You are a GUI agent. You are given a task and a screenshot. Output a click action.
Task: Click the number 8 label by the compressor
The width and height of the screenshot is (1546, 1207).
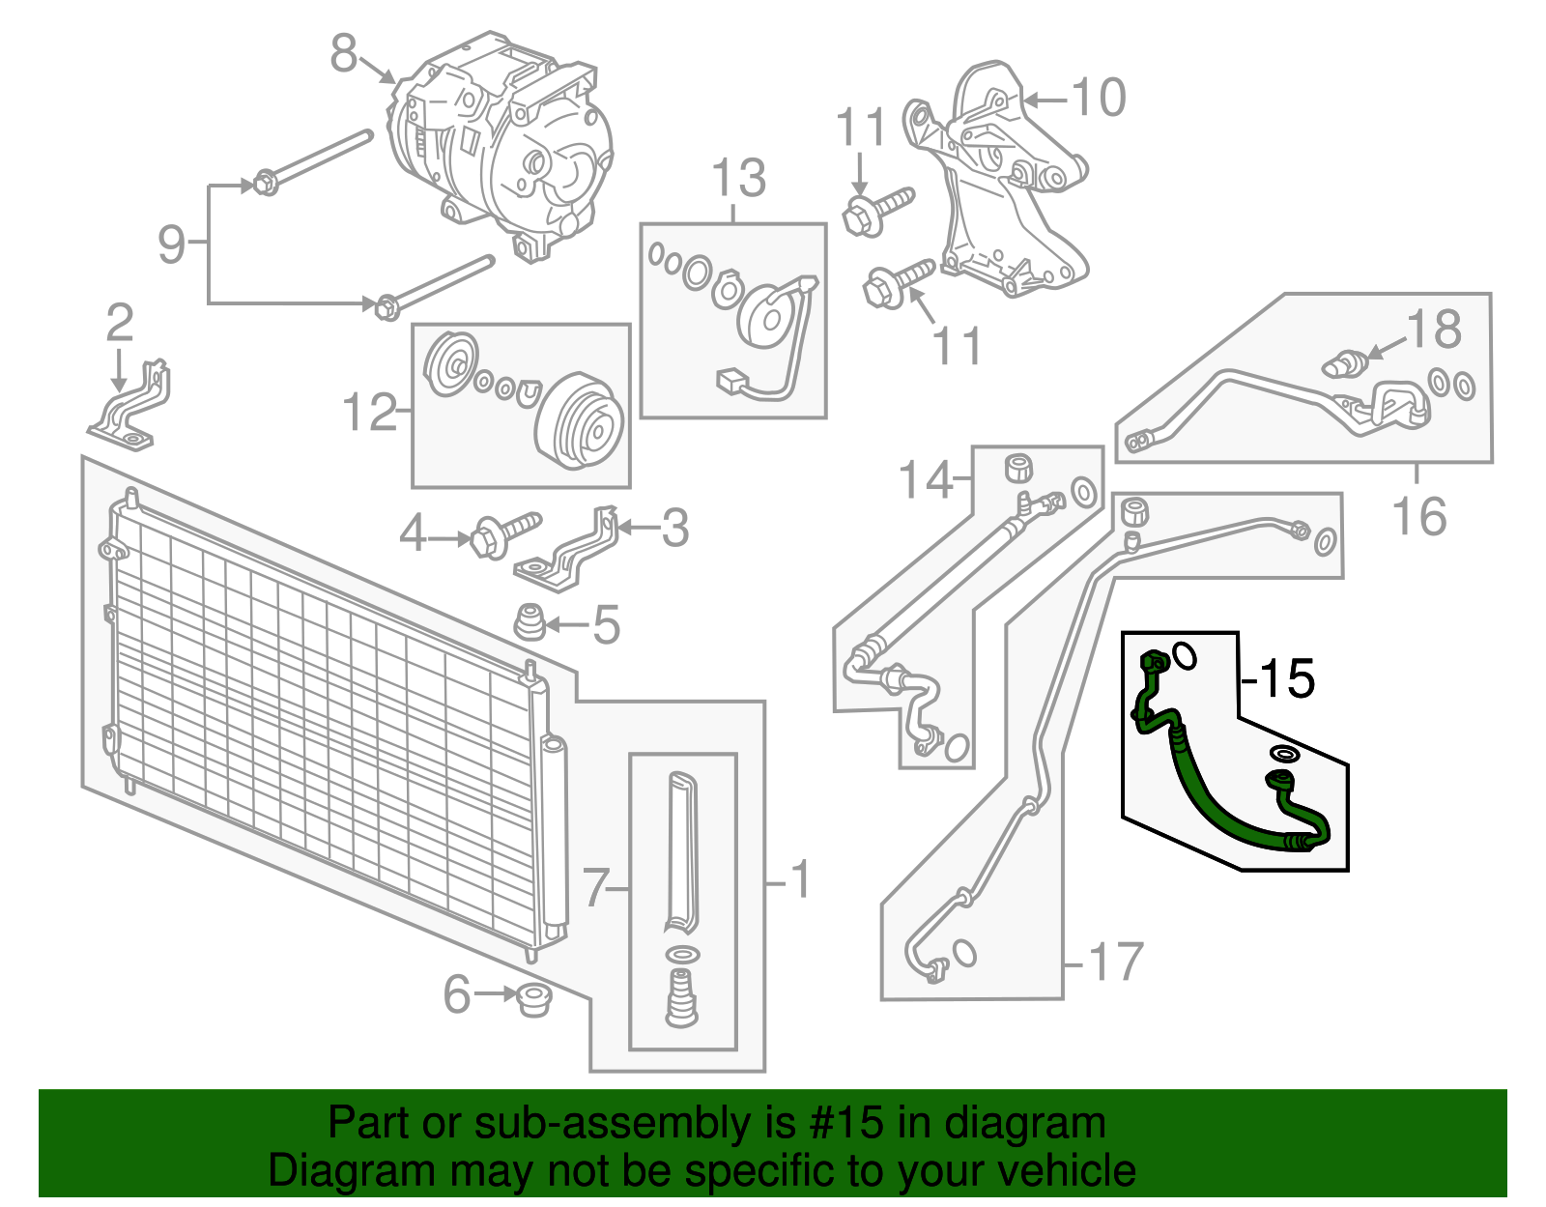[x=343, y=54]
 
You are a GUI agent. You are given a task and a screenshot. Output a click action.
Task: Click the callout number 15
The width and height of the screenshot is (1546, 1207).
[x=1287, y=678]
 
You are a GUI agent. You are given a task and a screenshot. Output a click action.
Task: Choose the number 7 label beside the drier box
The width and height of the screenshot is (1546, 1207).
[x=596, y=886]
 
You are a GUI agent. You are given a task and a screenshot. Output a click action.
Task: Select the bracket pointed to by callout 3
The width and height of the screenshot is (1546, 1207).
[x=570, y=553]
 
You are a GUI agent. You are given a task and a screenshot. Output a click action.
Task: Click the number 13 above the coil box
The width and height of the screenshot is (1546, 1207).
[x=738, y=179]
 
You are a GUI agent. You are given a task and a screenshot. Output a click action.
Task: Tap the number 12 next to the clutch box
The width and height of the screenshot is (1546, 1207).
[x=369, y=413]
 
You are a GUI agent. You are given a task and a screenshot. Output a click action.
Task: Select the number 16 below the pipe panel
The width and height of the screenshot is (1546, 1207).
[x=1418, y=516]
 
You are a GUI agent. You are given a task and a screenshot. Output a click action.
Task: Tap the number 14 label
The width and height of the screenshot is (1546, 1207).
[x=925, y=479]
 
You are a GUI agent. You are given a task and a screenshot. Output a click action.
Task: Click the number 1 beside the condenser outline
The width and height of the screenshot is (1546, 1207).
[x=800, y=880]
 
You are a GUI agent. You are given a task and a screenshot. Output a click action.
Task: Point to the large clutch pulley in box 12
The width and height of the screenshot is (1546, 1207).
[x=580, y=421]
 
